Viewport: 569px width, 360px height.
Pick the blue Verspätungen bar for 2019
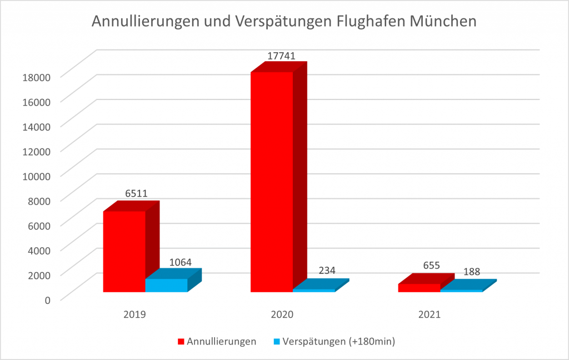tap(166, 285)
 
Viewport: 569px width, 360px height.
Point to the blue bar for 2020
tap(314, 290)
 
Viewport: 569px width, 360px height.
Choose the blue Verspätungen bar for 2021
tap(461, 290)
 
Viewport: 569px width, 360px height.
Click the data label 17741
tap(281, 56)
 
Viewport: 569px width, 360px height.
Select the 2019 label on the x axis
tap(134, 314)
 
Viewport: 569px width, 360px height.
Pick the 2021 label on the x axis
tap(430, 314)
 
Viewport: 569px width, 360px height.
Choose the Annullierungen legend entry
tap(217, 342)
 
